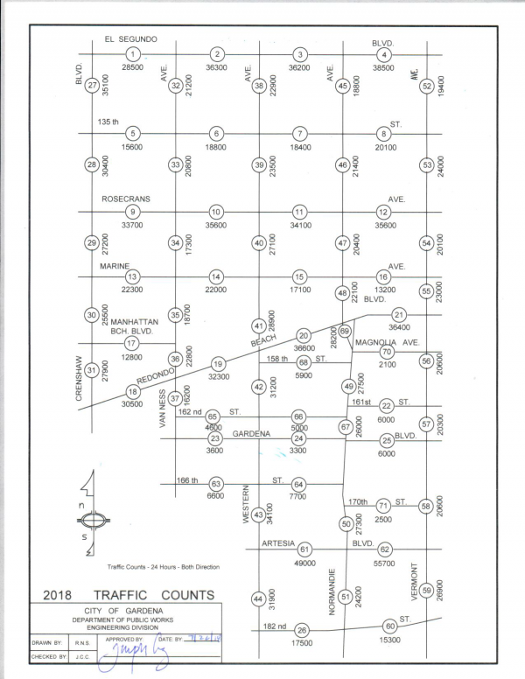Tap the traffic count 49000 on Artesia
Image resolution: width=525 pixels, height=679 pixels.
point(305,563)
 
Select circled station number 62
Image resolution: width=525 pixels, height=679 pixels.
point(384,549)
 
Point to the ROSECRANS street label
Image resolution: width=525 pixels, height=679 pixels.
point(126,199)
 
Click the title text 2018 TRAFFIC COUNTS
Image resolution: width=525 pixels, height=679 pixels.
point(128,595)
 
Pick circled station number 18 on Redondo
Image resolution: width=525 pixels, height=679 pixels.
point(133,392)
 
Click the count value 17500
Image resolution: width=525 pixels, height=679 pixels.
point(302,643)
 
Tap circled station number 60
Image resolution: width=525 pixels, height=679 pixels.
point(390,626)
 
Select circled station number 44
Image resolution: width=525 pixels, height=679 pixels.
point(258,598)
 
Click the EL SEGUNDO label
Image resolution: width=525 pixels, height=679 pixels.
point(130,39)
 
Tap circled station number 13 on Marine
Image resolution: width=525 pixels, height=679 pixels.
point(133,276)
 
